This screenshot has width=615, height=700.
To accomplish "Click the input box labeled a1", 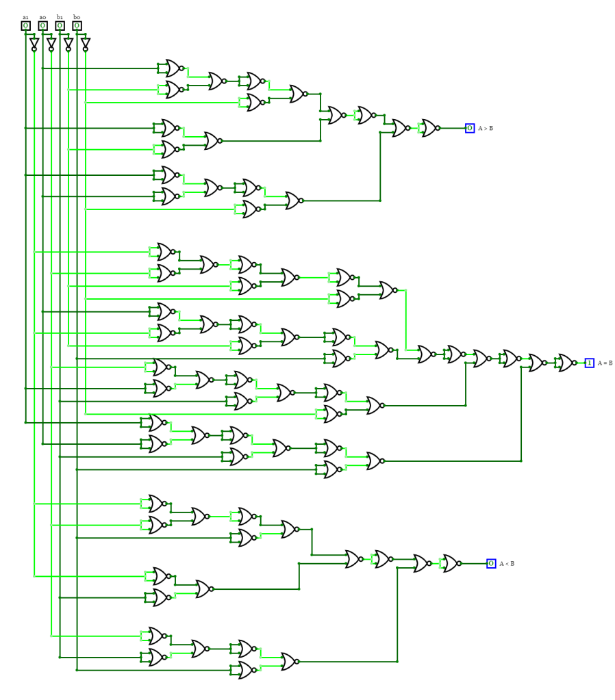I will [25, 26].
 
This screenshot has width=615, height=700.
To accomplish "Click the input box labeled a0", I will [42, 26].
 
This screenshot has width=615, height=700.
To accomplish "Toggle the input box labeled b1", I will [60, 26].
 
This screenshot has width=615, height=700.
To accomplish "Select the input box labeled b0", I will [77, 26].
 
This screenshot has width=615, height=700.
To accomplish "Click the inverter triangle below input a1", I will [34, 44].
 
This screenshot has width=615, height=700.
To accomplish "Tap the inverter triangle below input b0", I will [86, 44].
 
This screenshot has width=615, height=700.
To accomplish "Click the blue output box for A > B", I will [470, 128].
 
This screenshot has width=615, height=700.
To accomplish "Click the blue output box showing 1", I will [589, 363].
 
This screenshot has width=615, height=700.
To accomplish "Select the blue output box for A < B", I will [491, 563].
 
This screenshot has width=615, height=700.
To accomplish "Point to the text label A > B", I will [486, 128].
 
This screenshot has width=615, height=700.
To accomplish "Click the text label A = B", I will [605, 363].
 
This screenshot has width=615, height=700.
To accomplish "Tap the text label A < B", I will [507, 563].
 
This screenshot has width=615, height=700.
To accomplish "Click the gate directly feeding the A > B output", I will [429, 128].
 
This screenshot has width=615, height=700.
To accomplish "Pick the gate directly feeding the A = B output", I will [566, 363].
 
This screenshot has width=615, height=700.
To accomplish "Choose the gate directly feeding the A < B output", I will [450, 563].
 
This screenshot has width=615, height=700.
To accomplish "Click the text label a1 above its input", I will [25, 17].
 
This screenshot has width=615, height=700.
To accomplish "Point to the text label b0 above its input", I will [77, 17].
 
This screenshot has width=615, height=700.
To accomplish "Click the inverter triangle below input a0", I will [51, 44].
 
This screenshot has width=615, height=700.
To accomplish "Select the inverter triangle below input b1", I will [68, 44].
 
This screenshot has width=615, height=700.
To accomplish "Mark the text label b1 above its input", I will [60, 17].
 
